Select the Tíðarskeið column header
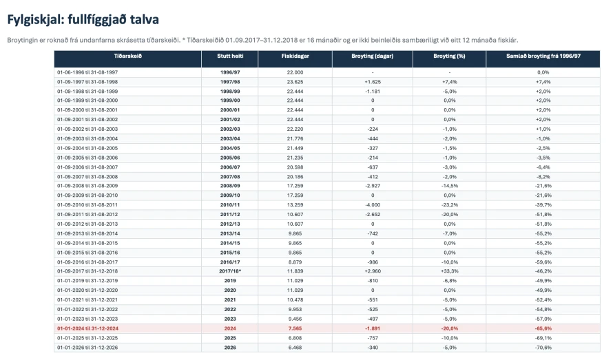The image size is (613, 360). tap(128, 56)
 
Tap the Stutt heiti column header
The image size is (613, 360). tap(230, 56)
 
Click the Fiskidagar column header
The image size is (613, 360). tap(295, 56)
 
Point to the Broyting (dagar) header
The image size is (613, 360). tap(372, 56)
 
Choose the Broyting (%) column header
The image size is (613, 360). tap(449, 56)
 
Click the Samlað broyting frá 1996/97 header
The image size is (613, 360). tap(543, 56)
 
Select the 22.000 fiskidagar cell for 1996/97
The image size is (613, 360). tap(295, 72)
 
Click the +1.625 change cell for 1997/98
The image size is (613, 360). tap(373, 82)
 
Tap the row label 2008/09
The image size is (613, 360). tap(230, 186)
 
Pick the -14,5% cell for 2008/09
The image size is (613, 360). tap(450, 186)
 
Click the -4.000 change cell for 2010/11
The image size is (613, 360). tap(373, 205)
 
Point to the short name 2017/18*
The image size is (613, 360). tap(230, 271)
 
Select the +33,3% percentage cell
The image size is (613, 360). tap(450, 271)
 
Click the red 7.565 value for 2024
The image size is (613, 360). tap(295, 328)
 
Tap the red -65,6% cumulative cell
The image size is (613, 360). tap(543, 328)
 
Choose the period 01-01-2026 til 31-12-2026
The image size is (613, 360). tap(87, 348)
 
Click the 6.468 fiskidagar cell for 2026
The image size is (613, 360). tap(295, 348)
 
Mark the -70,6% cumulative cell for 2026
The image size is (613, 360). tap(543, 348)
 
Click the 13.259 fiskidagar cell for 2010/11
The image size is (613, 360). tap(295, 205)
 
